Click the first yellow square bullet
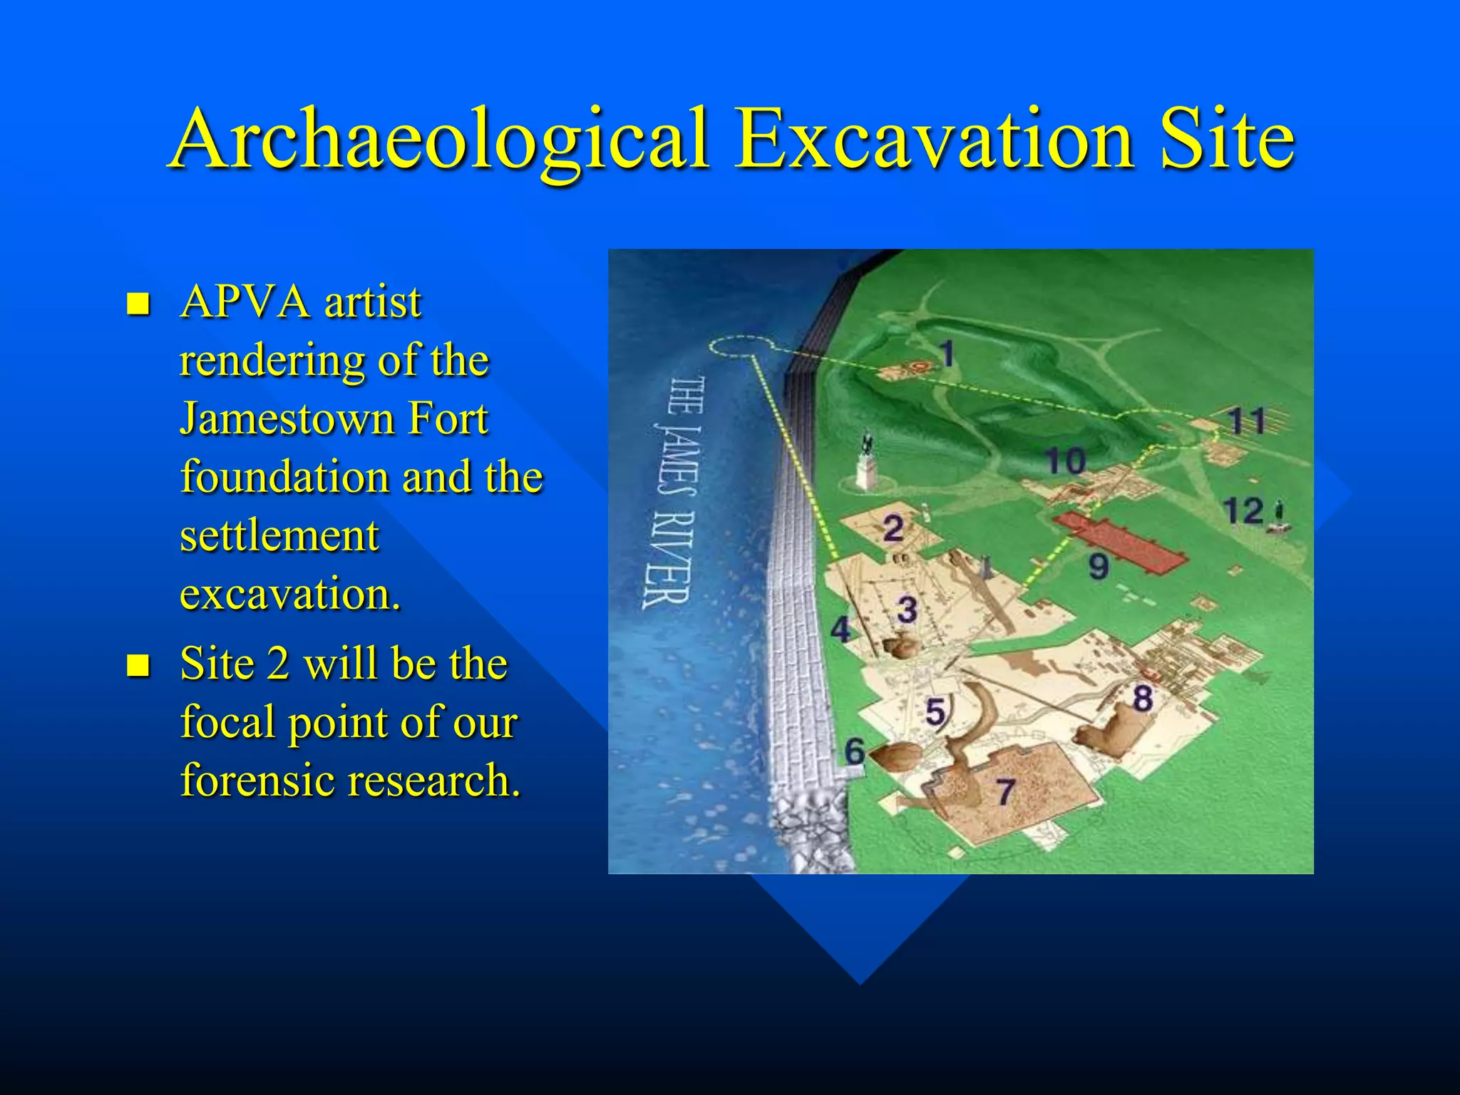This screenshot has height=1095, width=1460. (138, 304)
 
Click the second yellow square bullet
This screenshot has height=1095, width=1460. (138, 666)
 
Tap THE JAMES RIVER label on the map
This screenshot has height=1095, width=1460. (673, 492)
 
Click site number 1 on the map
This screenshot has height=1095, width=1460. (946, 353)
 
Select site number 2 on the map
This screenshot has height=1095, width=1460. (893, 529)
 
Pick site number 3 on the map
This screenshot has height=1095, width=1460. (906, 610)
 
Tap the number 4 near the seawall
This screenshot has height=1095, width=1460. (841, 629)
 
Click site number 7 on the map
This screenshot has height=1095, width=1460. (1005, 791)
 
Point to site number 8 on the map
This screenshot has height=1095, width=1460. (1142, 698)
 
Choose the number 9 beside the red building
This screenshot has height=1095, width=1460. (1099, 567)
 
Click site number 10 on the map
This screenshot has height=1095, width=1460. (1065, 461)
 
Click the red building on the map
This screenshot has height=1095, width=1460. (1119, 542)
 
